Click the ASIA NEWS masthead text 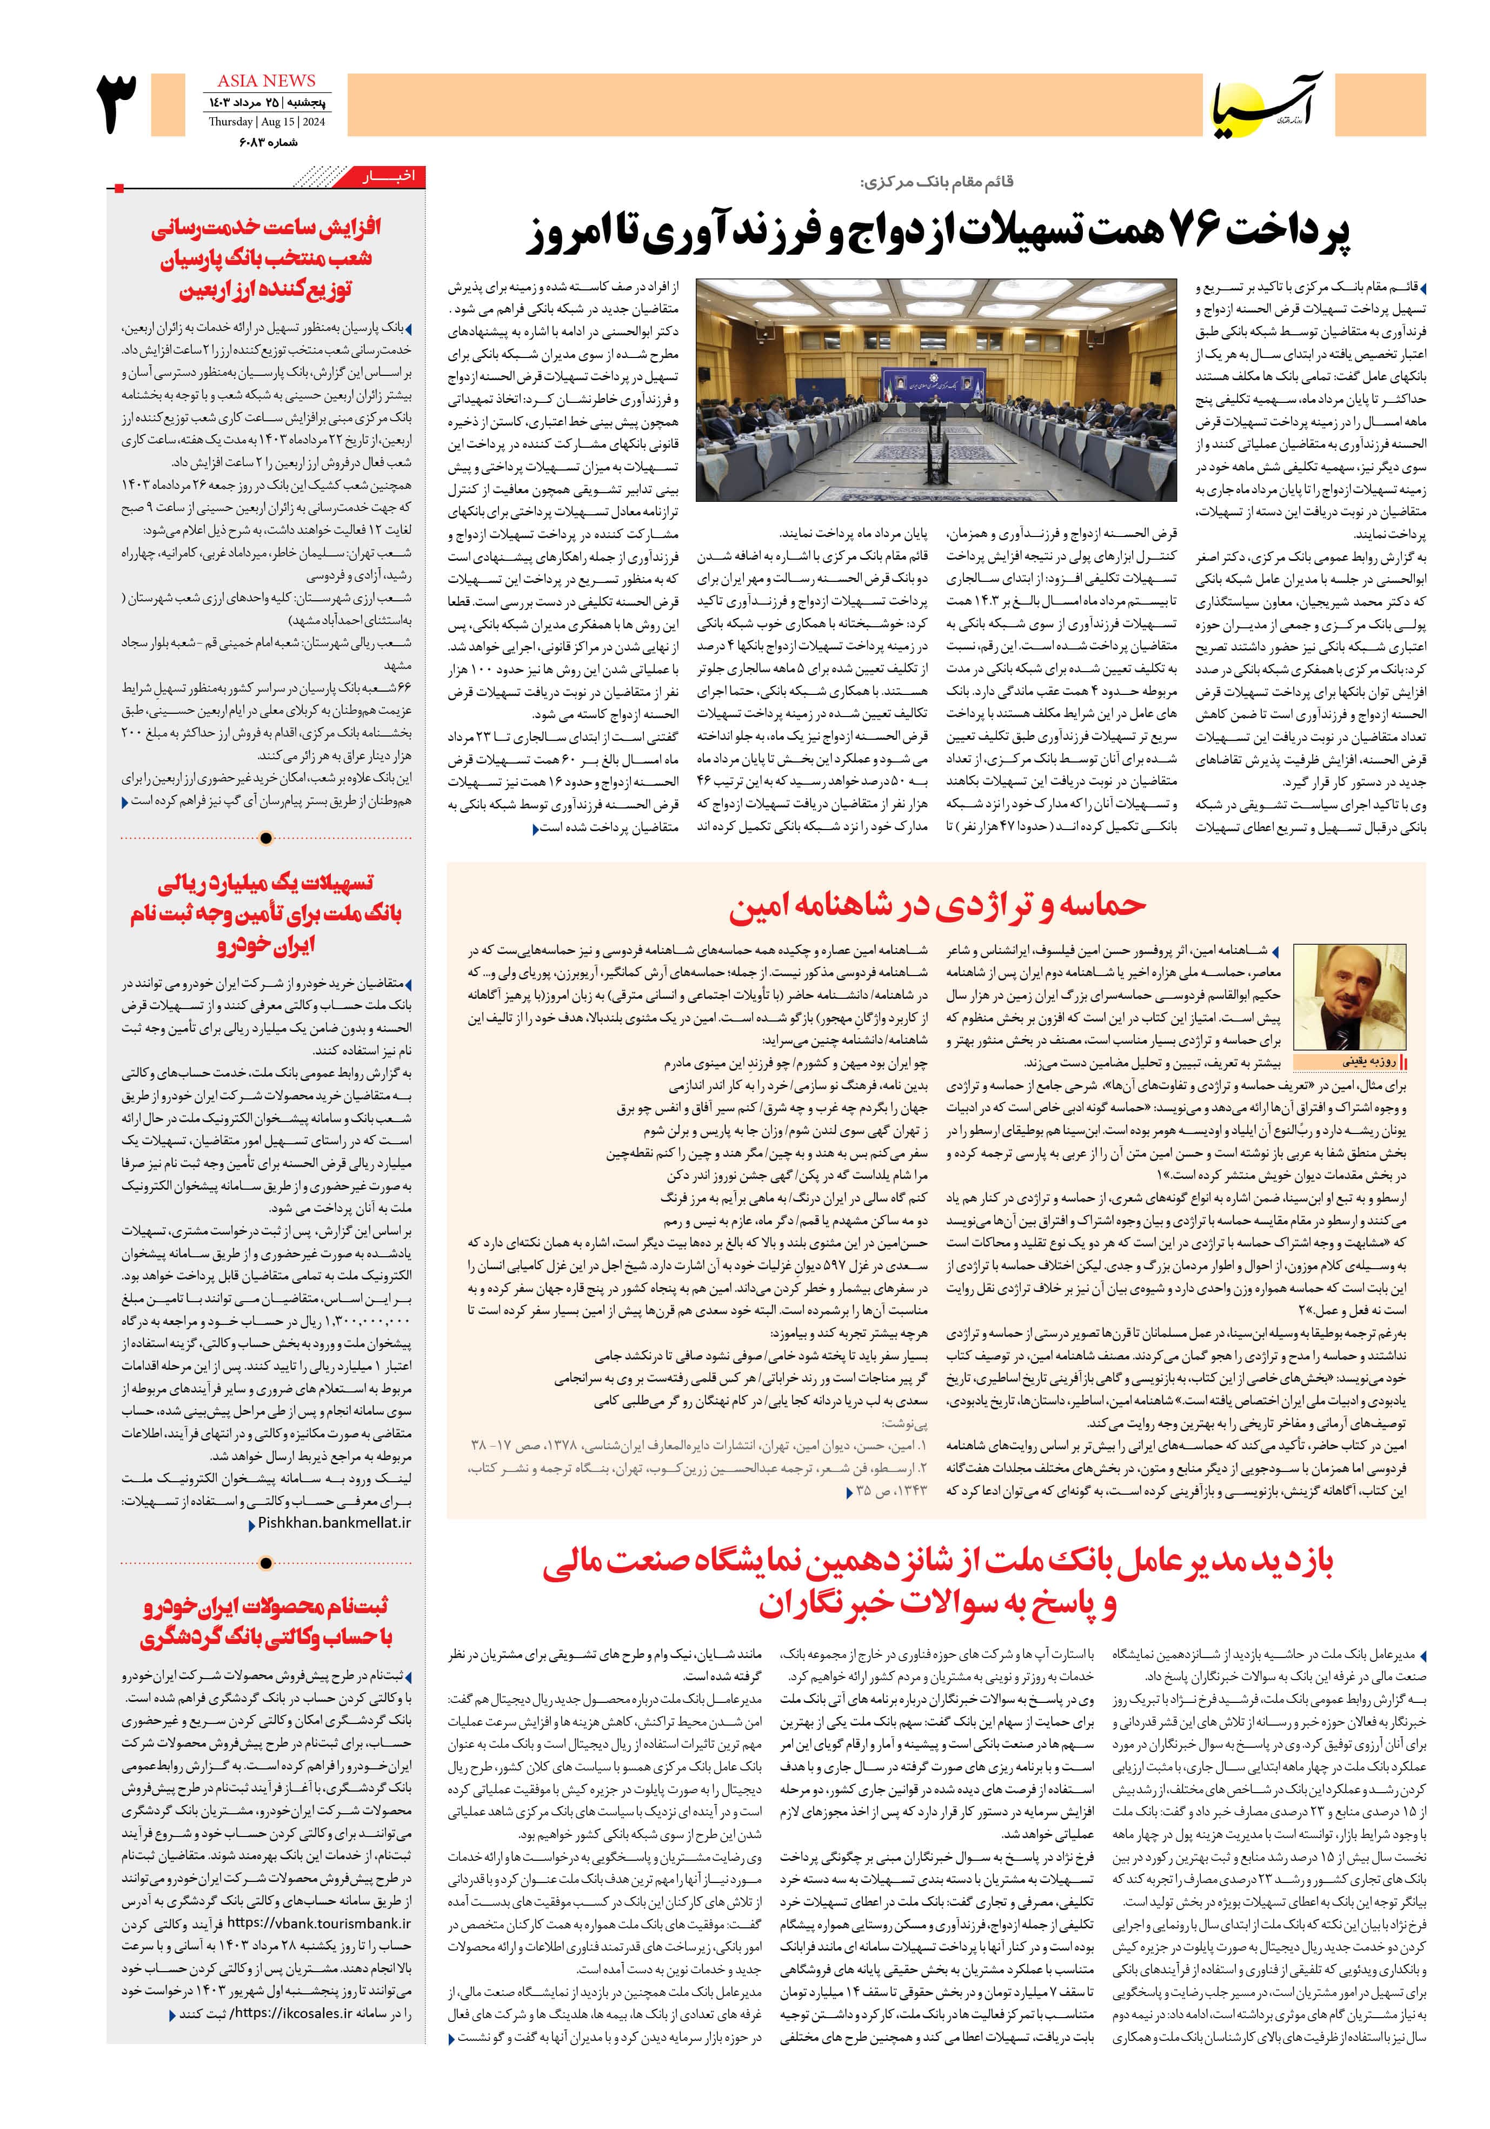pos(266,81)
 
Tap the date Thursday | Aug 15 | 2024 pos(266,122)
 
